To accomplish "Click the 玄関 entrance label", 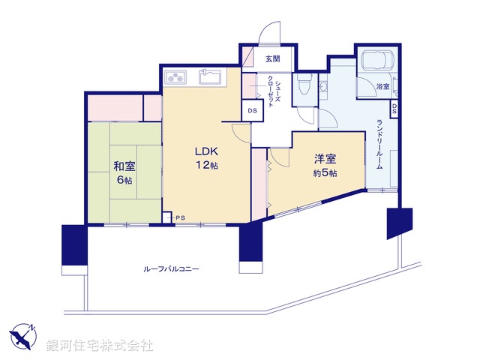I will [x=272, y=59].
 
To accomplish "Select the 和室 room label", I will [x=124, y=166].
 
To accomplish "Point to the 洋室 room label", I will [x=325, y=159].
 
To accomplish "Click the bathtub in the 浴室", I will [x=379, y=61].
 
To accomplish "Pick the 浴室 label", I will [x=382, y=87].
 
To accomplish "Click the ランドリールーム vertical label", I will [x=380, y=144].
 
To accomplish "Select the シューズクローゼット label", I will [x=272, y=92].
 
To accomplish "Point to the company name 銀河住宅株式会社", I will [x=100, y=345].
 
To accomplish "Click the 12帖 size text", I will [x=207, y=165].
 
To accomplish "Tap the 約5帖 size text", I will [x=325, y=174].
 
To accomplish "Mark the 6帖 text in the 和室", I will [x=124, y=181].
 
